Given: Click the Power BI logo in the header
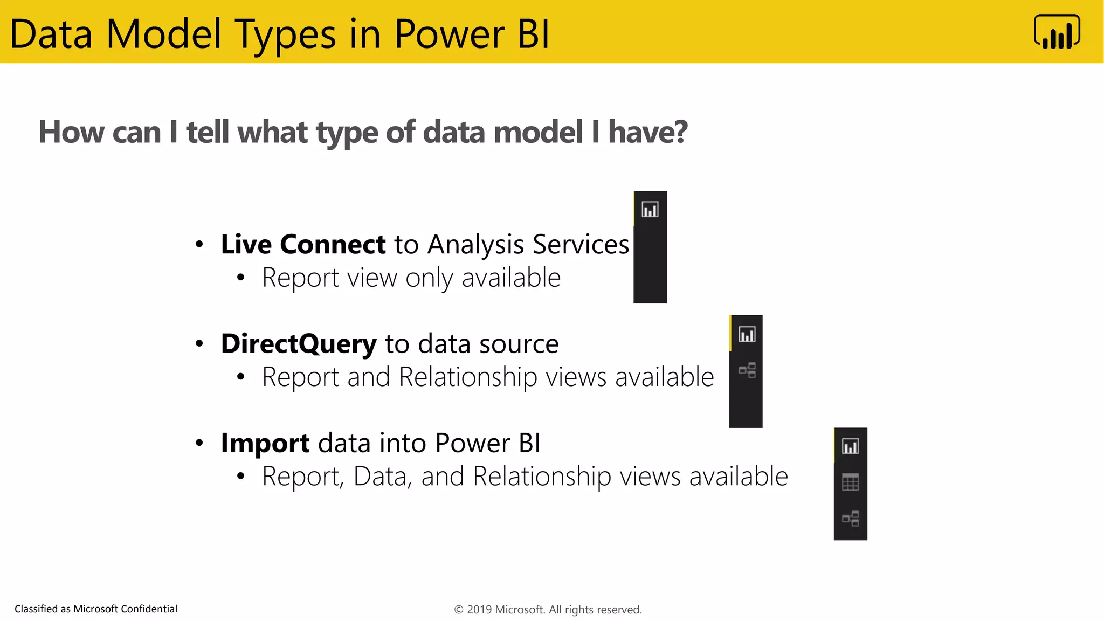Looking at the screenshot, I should (x=1057, y=32).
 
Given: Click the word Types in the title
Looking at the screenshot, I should (x=285, y=34).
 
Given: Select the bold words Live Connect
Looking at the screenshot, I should (x=303, y=244).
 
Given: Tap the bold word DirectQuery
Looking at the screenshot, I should (x=299, y=343).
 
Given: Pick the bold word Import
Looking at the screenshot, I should (x=265, y=443).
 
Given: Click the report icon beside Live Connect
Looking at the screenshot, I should (x=650, y=210).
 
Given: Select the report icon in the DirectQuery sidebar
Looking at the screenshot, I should (x=747, y=335).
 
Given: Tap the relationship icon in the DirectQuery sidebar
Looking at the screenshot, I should (x=747, y=370).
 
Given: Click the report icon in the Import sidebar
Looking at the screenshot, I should (x=851, y=446).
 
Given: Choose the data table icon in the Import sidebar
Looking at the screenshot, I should (x=851, y=482).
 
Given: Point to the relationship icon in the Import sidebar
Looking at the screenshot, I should (x=851, y=519).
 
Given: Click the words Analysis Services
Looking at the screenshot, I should (x=528, y=244).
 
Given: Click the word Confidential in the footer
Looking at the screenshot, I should (x=149, y=609).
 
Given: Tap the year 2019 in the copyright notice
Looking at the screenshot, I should (x=479, y=610).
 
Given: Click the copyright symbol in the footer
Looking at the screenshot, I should (x=459, y=610).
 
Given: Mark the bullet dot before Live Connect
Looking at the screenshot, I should (x=199, y=245).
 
